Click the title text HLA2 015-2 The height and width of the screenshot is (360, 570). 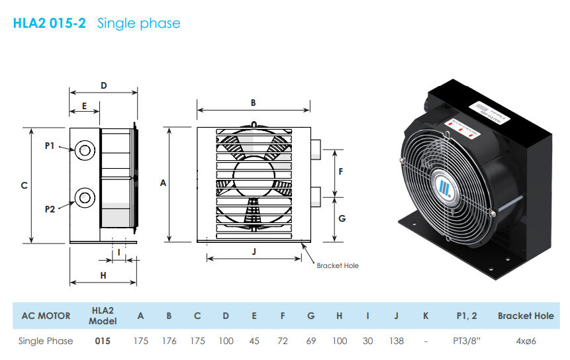click(50, 24)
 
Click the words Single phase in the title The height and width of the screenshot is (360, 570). click(138, 24)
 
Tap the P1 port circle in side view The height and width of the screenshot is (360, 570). click(85, 150)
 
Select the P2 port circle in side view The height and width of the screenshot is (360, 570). click(85, 197)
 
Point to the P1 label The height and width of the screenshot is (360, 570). click(50, 146)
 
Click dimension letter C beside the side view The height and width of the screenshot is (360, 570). click(24, 186)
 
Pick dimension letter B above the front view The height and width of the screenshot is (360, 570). click(253, 103)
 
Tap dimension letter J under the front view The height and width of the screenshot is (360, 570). click(254, 251)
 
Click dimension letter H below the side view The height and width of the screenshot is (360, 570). click(103, 275)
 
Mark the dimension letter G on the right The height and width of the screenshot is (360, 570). click(342, 218)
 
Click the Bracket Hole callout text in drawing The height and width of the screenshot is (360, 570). click(338, 265)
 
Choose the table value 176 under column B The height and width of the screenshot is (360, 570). click(169, 341)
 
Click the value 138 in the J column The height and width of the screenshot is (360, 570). click(396, 341)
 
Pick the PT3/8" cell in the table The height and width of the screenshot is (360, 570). click(466, 341)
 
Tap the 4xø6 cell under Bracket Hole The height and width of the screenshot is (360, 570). click(525, 341)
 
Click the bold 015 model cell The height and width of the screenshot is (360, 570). click(103, 341)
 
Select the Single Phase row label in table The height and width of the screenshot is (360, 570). click(46, 341)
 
